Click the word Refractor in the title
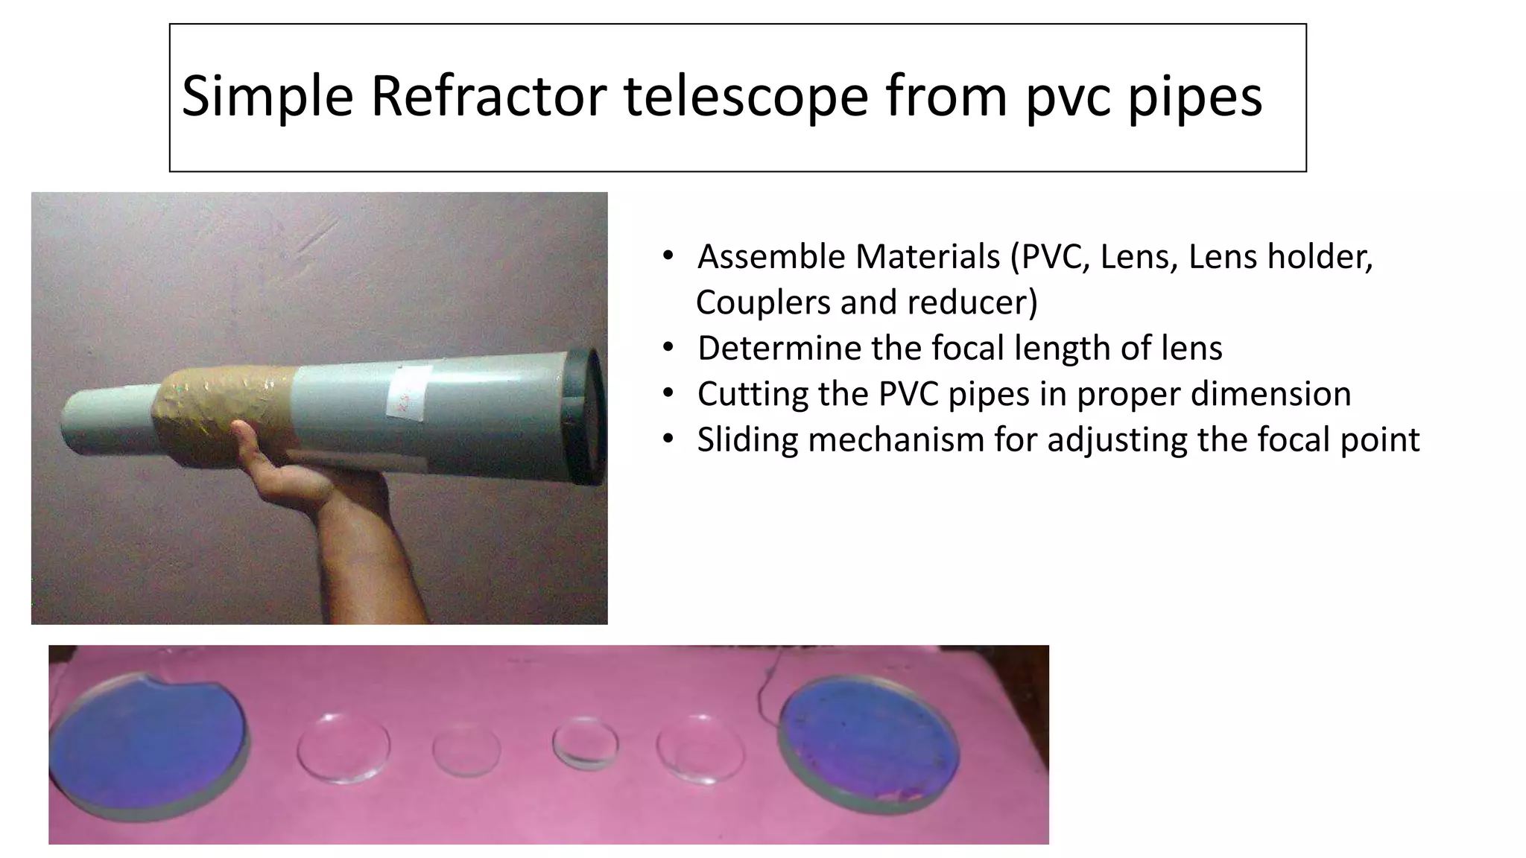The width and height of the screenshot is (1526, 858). [487, 97]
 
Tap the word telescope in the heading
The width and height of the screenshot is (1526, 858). [745, 97]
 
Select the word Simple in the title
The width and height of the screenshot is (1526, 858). [267, 97]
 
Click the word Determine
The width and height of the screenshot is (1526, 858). [769, 348]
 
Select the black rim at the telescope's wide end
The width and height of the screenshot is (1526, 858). [589, 417]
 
